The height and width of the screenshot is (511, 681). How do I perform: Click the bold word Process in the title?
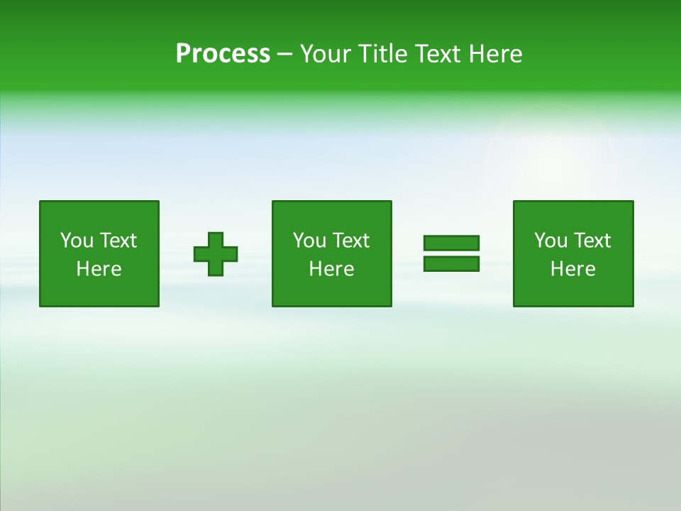[223, 54]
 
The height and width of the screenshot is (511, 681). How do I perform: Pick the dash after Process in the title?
[284, 55]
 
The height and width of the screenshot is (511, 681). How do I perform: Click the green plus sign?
[216, 254]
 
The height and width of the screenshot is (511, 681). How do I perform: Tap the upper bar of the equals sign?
[451, 243]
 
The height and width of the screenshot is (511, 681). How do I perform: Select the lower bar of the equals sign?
[451, 263]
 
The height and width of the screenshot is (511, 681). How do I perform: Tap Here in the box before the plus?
[99, 269]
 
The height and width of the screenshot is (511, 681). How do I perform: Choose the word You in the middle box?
[309, 241]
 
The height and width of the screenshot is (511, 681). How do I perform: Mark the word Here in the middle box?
[331, 269]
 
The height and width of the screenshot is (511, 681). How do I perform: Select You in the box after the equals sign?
[550, 241]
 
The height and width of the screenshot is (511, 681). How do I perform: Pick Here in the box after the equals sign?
[572, 269]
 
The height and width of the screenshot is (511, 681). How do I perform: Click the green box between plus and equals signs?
[331, 291]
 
